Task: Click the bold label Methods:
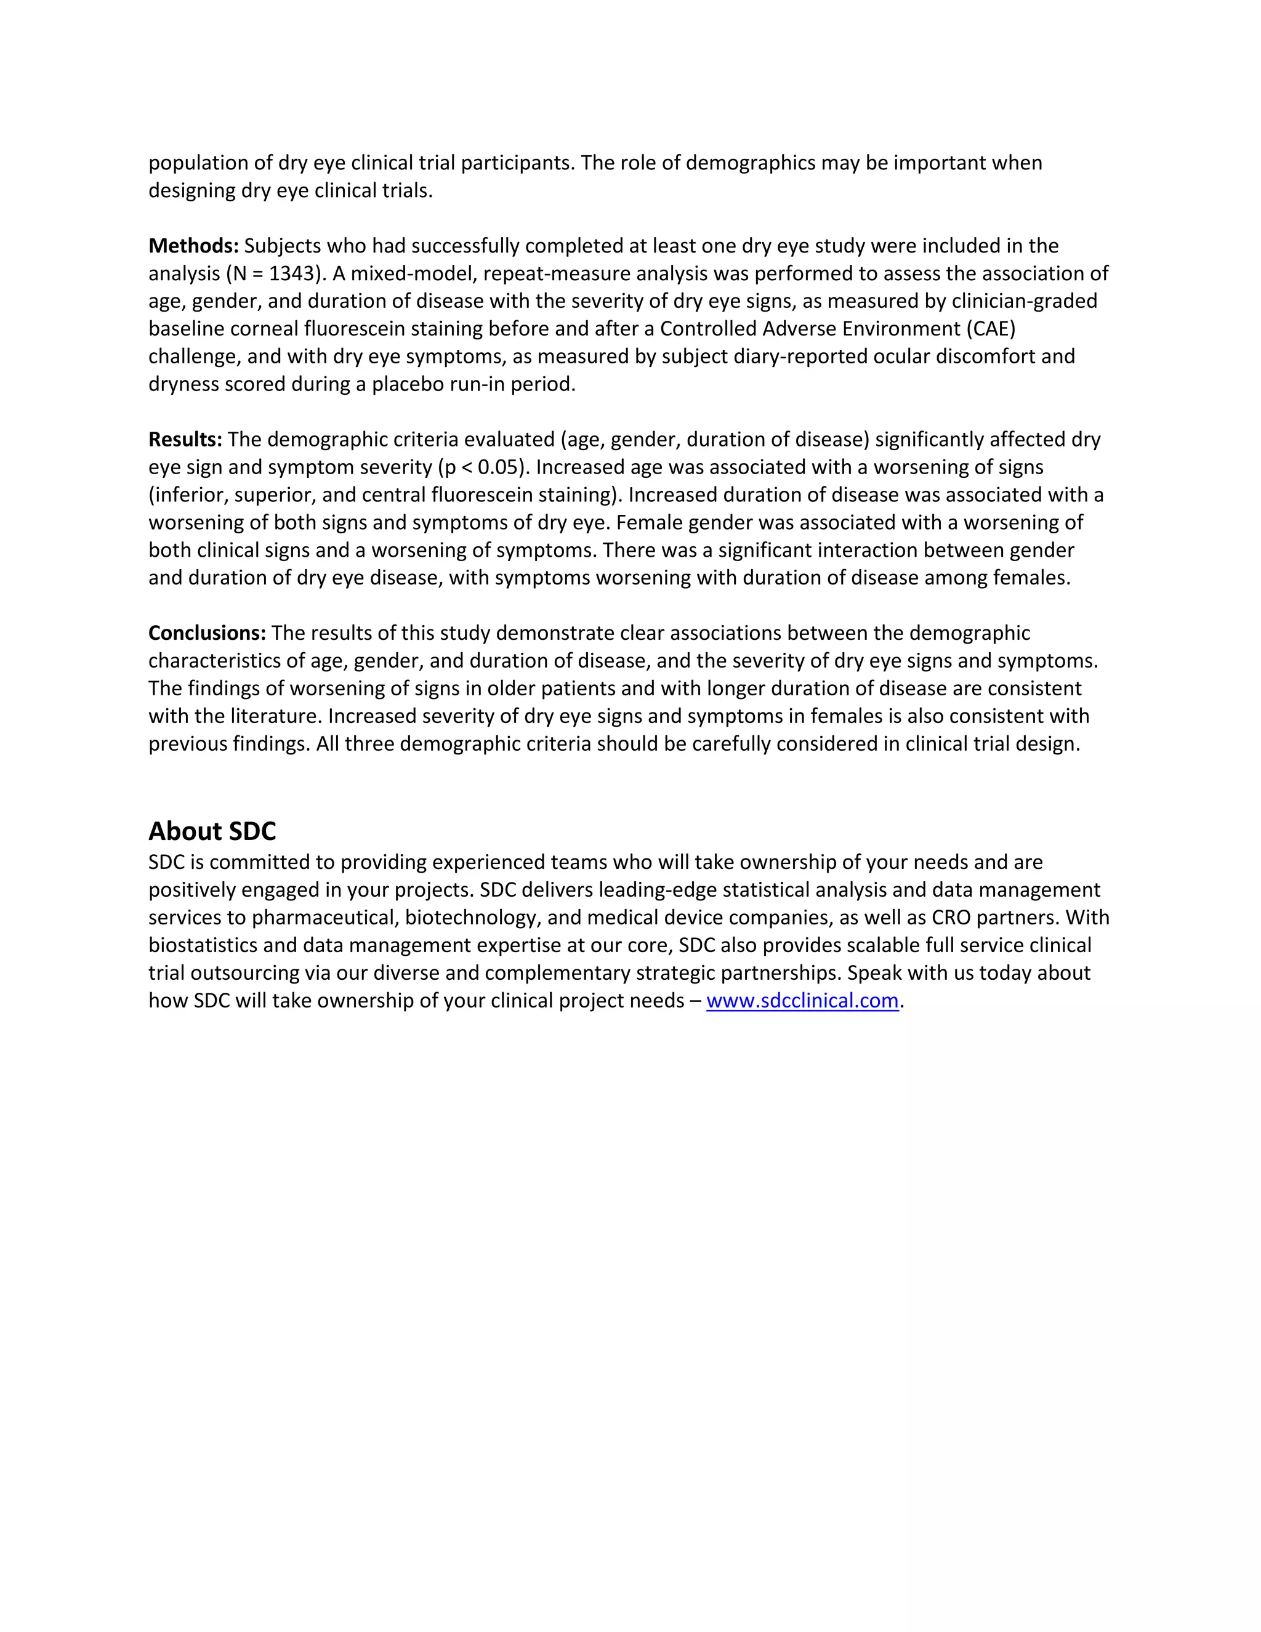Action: point(193,246)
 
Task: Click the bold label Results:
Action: point(185,439)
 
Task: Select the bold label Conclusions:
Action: point(207,633)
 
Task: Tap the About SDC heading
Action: point(212,831)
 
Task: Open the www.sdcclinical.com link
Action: point(802,1001)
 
